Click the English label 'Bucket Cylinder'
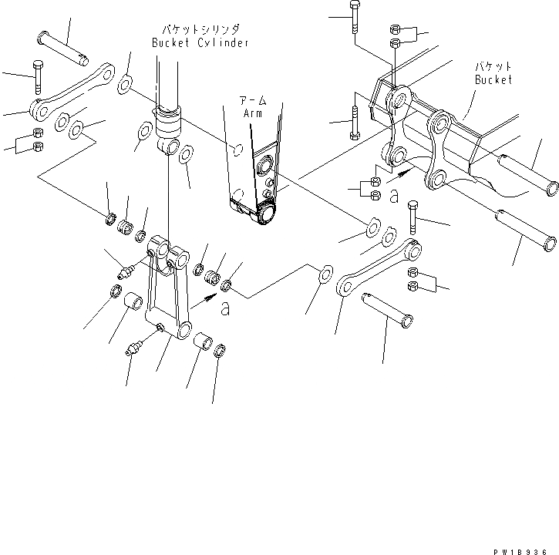tap(200, 43)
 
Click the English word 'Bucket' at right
tap(493, 79)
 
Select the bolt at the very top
tap(353, 17)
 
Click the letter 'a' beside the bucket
tap(394, 198)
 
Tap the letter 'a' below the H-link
tap(224, 309)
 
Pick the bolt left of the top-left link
tap(37, 75)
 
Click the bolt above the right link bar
tap(413, 216)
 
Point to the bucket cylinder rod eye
tap(170, 146)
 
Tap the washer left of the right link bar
tap(324, 273)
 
